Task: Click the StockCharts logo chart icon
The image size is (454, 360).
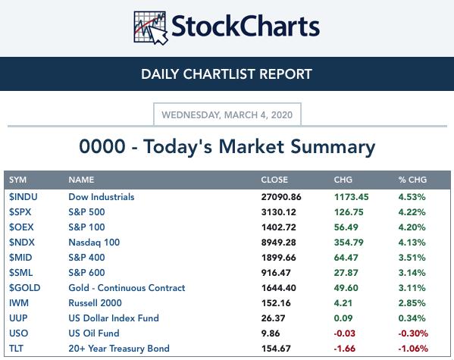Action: (x=151, y=28)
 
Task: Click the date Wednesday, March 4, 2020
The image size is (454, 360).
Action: (x=227, y=115)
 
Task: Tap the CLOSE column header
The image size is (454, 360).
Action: (x=274, y=180)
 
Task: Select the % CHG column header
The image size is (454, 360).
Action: (x=412, y=180)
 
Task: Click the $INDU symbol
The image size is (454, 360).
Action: (x=23, y=197)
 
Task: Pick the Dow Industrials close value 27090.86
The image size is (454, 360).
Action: (x=281, y=197)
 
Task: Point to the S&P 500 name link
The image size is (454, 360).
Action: (x=86, y=212)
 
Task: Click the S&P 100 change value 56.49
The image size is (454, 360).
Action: (x=346, y=227)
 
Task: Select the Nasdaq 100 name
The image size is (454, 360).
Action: (x=94, y=243)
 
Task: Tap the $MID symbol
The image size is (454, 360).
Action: (x=20, y=258)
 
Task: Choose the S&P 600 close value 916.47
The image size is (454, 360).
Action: (x=276, y=273)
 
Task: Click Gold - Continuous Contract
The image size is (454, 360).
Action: (x=127, y=288)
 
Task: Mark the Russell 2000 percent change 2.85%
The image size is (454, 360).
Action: (x=412, y=303)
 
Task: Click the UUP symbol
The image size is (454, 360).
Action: (x=18, y=318)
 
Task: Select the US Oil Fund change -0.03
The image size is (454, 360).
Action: (x=345, y=333)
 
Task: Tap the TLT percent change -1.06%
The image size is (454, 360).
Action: (x=413, y=349)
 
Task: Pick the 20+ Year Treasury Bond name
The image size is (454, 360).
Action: (x=119, y=349)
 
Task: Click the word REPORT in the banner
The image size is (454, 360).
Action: (x=286, y=74)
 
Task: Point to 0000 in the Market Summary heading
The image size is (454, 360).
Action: (x=102, y=146)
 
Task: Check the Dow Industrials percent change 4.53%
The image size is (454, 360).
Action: (x=412, y=197)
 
